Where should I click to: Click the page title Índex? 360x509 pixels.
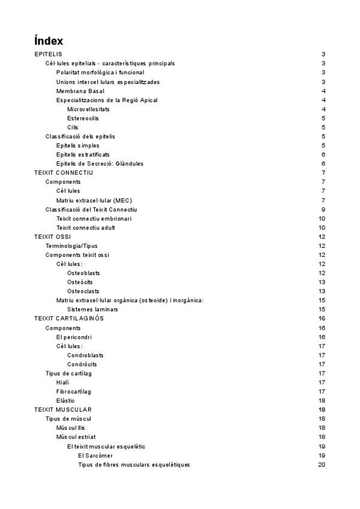49,41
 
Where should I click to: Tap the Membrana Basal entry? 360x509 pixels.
80,91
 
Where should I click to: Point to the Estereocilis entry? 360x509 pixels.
83,118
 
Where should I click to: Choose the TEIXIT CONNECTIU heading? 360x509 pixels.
64,173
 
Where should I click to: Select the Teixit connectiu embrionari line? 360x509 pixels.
94,218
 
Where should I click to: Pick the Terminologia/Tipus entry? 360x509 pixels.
71,246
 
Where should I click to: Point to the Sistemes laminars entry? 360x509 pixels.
92,309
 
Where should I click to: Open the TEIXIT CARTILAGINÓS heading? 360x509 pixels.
69,318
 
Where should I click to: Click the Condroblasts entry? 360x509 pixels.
85,355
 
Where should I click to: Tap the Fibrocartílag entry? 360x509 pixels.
74,391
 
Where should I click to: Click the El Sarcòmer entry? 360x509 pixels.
95,455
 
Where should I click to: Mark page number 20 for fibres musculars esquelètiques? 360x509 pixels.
322,464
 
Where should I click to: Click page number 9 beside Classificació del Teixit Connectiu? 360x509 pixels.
323,209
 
